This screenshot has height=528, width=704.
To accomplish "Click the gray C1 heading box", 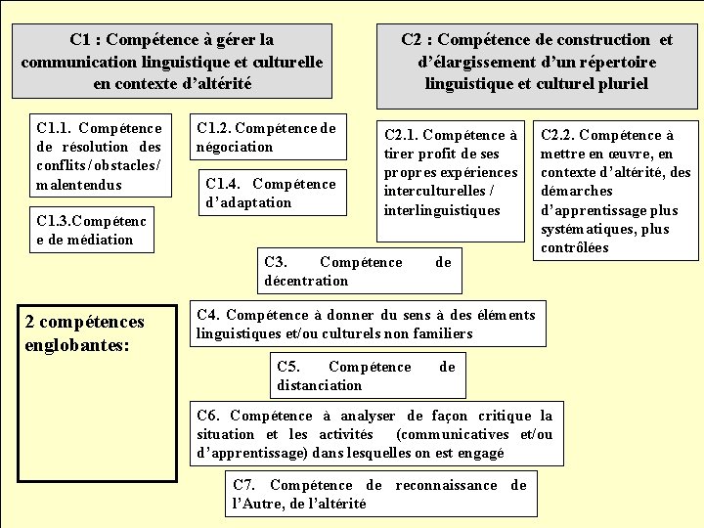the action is (x=171, y=62).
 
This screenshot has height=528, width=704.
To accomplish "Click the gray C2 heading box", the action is (x=536, y=62).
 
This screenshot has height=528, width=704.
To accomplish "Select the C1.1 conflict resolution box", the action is (x=98, y=156).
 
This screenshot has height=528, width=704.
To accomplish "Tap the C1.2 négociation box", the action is (x=265, y=138).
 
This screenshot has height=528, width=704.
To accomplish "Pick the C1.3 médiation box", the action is (x=91, y=231).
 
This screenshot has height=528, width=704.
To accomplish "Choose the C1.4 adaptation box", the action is (x=271, y=194).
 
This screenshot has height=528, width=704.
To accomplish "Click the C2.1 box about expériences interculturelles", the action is (x=450, y=172).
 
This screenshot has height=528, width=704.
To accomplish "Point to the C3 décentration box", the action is (x=357, y=271).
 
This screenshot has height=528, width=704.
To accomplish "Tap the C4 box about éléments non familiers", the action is (x=366, y=324).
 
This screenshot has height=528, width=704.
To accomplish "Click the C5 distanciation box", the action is (x=366, y=375).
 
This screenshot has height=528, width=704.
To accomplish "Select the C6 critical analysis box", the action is (x=374, y=434).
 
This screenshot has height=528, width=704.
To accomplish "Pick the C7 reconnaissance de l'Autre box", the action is (x=379, y=494).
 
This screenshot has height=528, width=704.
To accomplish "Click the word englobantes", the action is (x=78, y=345).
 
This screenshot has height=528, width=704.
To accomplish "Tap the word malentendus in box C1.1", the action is (x=78, y=185).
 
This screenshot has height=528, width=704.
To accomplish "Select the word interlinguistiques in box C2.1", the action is (x=442, y=210).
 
